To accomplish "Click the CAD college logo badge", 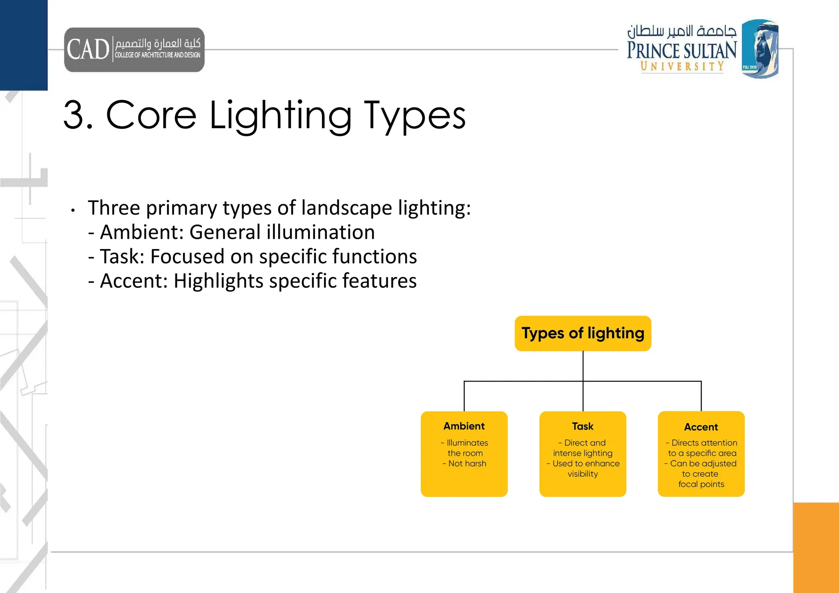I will tap(134, 50).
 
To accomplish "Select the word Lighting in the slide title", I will tap(280, 116).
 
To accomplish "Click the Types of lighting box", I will tap(583, 333).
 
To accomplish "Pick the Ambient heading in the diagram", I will tap(464, 426).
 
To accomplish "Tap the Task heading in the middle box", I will tap(583, 427).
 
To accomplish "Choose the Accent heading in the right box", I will tap(701, 427).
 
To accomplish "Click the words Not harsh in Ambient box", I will tap(467, 464).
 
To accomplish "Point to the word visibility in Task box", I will tap(583, 474).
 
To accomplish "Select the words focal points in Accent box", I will tap(701, 484).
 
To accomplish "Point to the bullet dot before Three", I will tap(73, 210).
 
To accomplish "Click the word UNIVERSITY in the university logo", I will tap(682, 66).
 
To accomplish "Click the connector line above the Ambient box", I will tap(464, 396).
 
